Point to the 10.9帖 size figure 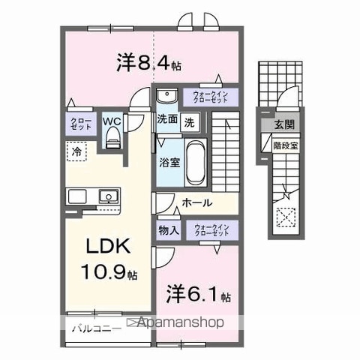pos(110,274)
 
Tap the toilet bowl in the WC pos(112,134)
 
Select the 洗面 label pos(166,119)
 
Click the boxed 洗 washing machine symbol pos(190,120)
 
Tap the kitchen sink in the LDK pos(107,197)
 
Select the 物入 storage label pos(168,230)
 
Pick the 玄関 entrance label pos(283,124)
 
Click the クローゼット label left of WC pos(81,124)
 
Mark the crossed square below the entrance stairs pos(286,219)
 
